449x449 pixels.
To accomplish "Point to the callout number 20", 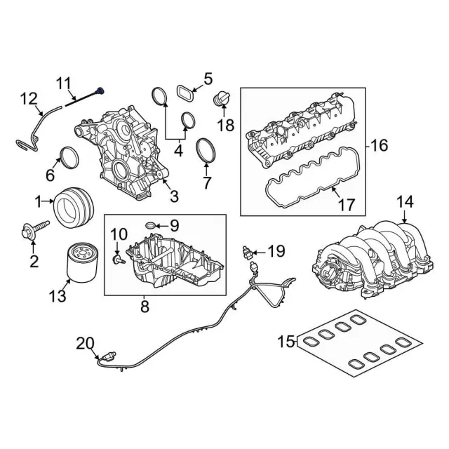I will [x=84, y=343].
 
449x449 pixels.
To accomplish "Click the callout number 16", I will [x=378, y=146].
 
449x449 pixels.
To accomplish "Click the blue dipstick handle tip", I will [x=102, y=90].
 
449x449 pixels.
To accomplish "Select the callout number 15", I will [x=286, y=342].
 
